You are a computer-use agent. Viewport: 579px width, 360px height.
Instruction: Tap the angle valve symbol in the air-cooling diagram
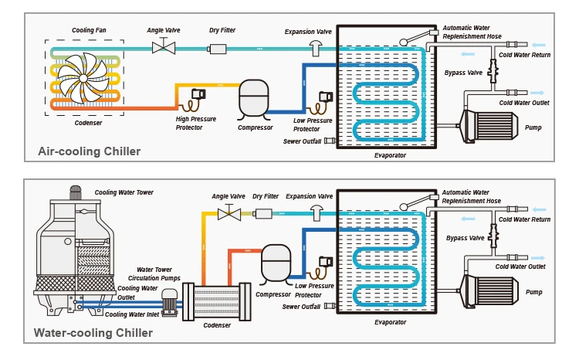point(164,48)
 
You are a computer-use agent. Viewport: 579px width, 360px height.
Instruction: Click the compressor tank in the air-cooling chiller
point(255,97)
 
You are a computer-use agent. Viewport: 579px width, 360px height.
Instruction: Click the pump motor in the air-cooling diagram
point(488,127)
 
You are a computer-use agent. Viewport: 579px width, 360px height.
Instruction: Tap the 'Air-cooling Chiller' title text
point(89,151)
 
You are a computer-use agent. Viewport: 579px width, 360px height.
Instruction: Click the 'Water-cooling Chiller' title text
point(93,334)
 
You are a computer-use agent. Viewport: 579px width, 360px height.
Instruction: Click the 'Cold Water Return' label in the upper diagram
point(524,54)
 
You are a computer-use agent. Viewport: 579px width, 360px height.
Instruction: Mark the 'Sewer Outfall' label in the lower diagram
point(302,307)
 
